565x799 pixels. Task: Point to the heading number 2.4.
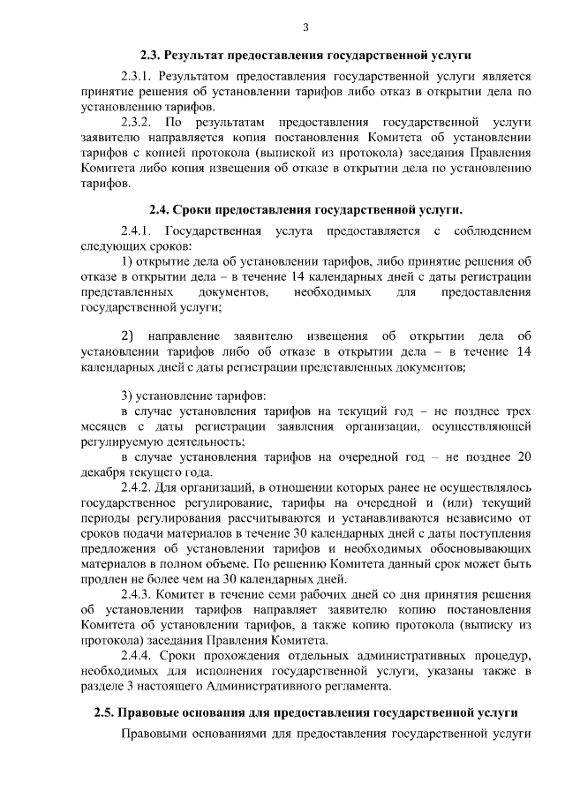[x=158, y=209]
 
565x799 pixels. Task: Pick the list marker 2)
[x=127, y=336]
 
